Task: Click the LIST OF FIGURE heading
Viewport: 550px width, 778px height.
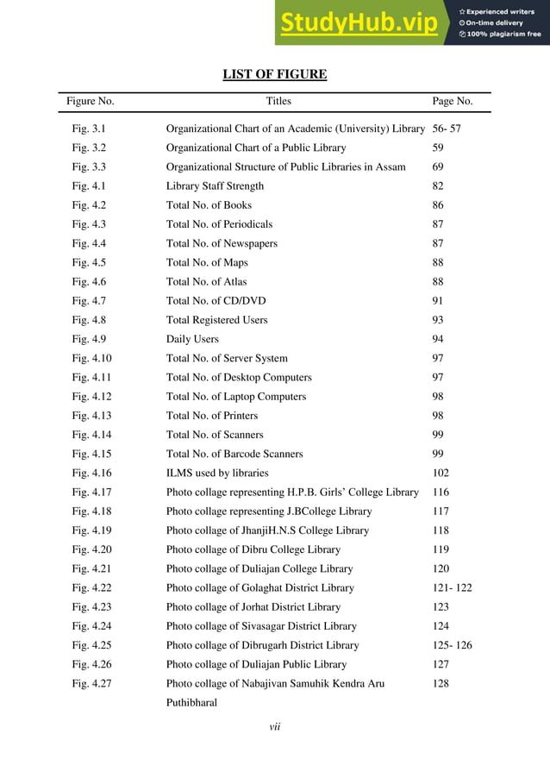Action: [275, 74]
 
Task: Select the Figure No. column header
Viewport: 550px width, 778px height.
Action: [91, 102]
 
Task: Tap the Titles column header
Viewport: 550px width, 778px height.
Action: [278, 102]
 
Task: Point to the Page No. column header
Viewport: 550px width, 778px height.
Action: [452, 102]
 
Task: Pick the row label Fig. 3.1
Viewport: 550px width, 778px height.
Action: [89, 129]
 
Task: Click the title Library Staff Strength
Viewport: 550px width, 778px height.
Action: [215, 186]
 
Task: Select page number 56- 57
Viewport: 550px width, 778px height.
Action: [447, 129]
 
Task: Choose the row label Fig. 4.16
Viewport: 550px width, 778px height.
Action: [91, 473]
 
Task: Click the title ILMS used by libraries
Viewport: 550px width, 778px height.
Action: [217, 473]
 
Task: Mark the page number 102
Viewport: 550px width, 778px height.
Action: [441, 473]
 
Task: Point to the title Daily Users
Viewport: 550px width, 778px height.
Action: [192, 339]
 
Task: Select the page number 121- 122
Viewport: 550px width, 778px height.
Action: [452, 587]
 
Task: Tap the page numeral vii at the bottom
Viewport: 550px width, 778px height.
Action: [275, 727]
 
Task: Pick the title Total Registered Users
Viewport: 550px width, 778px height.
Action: [216, 320]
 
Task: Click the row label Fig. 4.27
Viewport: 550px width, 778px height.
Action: [91, 683]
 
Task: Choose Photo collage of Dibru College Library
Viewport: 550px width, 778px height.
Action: [253, 549]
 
